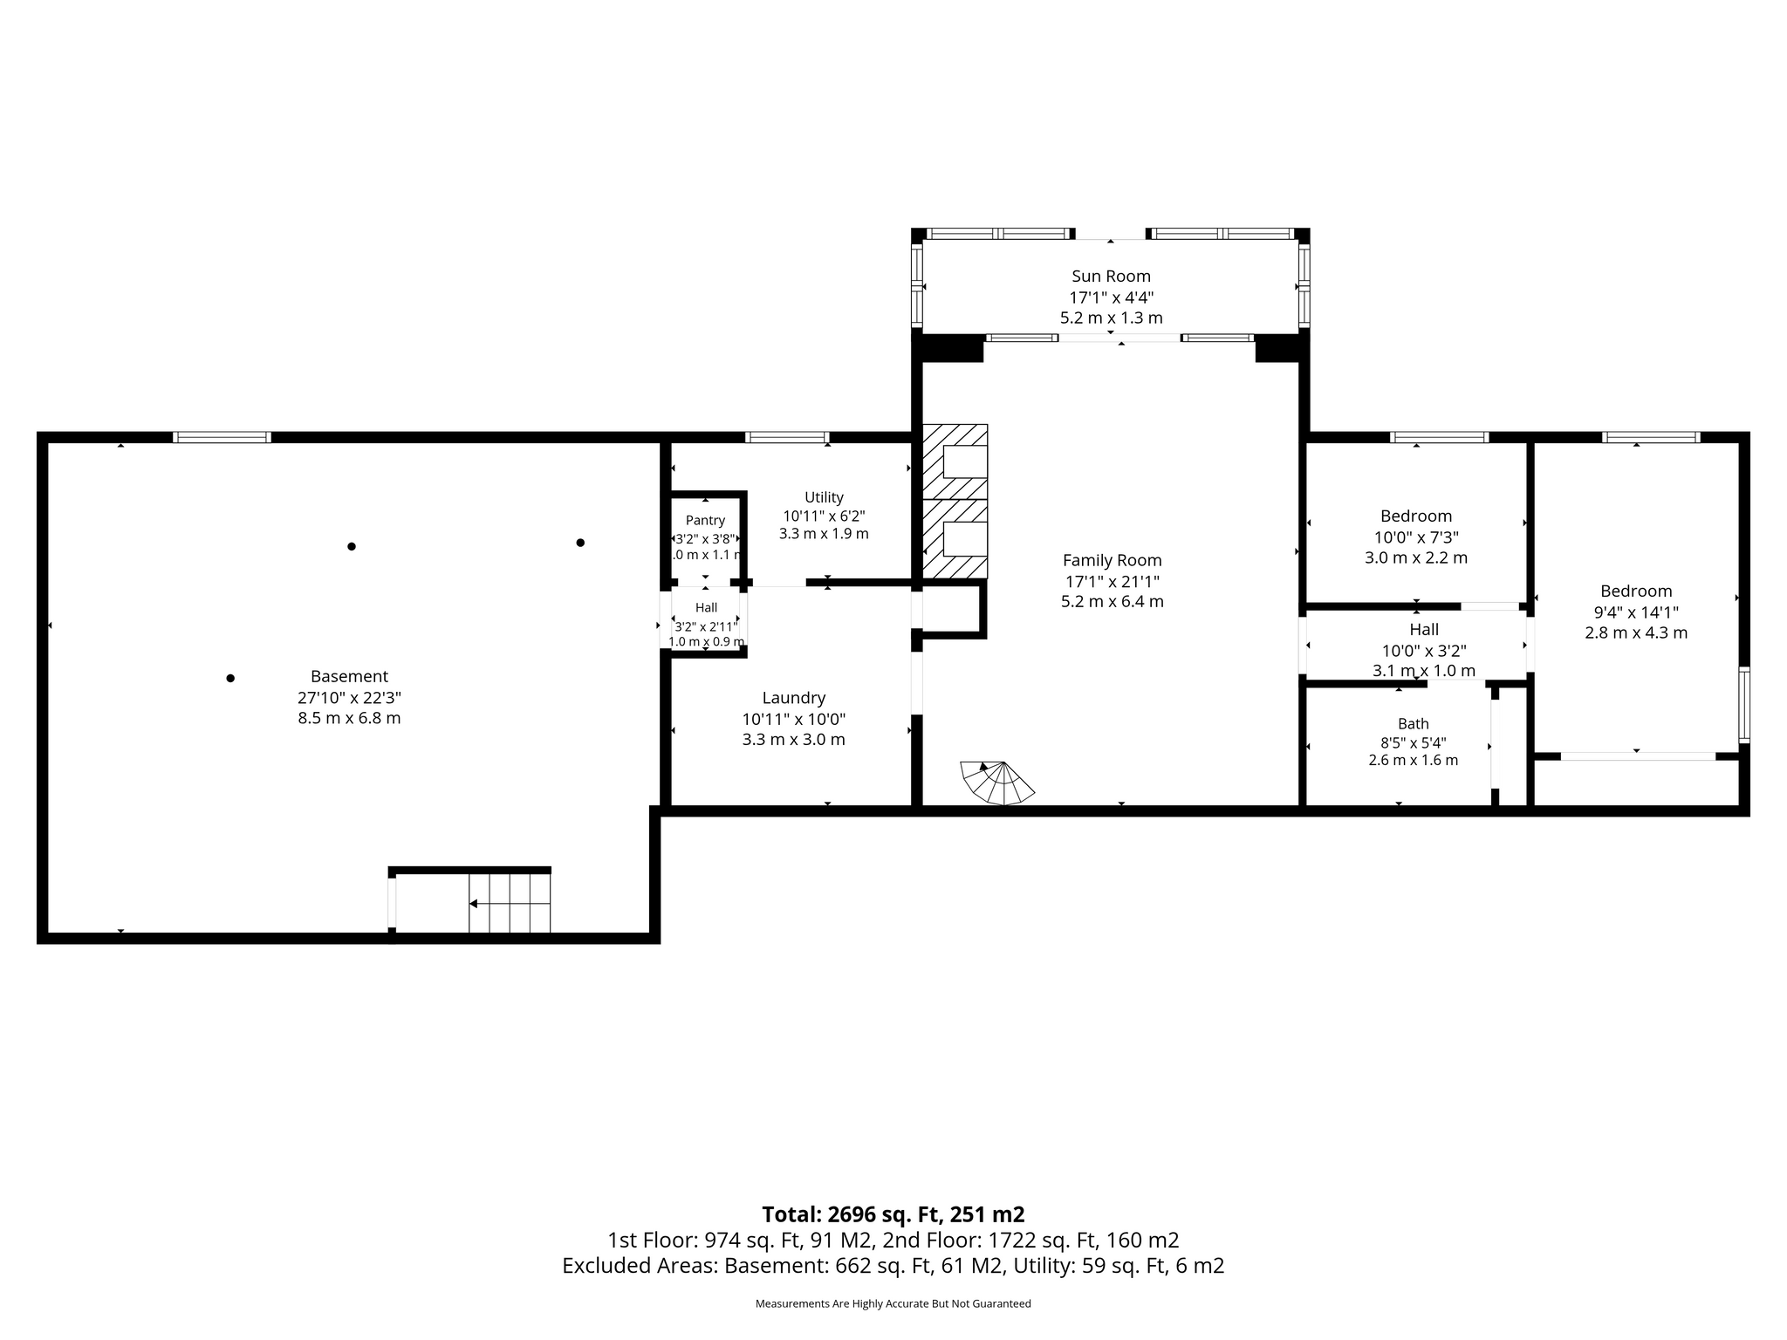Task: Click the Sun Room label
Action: click(1111, 277)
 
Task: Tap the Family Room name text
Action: click(1112, 560)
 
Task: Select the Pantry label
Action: click(705, 521)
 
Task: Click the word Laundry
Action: click(793, 698)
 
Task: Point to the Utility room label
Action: click(824, 497)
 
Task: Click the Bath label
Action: click(1414, 723)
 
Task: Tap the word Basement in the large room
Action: click(349, 676)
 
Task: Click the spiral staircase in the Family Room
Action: click(997, 783)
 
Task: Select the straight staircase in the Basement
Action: click(510, 903)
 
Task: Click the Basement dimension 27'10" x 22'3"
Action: click(349, 697)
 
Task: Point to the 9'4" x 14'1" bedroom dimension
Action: click(1636, 612)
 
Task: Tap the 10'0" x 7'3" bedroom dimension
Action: click(1416, 537)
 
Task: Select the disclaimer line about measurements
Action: click(893, 1303)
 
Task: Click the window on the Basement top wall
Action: click(222, 437)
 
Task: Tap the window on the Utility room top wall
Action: click(787, 437)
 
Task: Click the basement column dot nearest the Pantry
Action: click(580, 543)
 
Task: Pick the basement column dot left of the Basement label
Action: click(230, 678)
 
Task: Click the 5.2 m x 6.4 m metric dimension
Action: click(1112, 602)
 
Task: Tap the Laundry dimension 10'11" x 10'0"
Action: click(793, 719)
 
